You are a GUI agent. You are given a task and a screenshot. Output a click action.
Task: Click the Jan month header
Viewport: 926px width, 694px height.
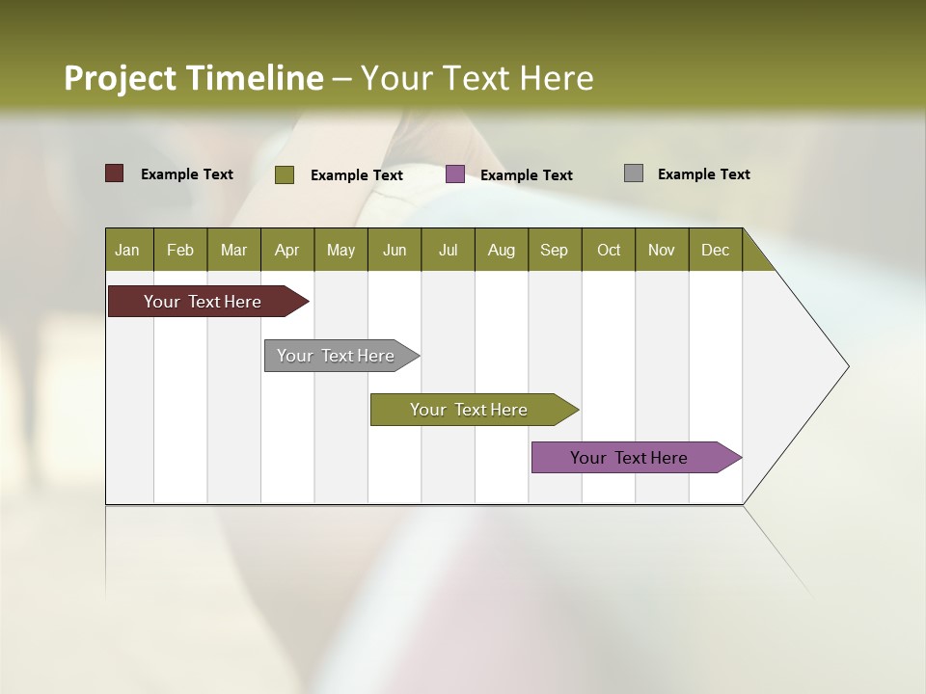pos(127,250)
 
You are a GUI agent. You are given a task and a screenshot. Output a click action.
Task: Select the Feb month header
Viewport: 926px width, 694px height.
pos(180,250)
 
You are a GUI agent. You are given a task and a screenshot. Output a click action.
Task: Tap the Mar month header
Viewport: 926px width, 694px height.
pos(233,250)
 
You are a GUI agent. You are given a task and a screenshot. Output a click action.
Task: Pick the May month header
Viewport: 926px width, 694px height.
pos(340,250)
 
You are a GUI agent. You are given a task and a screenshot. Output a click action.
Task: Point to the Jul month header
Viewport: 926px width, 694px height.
pos(448,250)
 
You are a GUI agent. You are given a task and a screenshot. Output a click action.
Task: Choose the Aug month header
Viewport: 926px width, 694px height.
pos(502,250)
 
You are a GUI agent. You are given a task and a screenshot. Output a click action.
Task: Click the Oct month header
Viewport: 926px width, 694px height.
pos(609,250)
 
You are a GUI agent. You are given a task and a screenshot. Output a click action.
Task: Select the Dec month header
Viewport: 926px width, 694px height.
pos(715,250)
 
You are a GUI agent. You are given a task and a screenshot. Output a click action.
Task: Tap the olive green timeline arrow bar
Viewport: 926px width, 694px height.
pos(470,410)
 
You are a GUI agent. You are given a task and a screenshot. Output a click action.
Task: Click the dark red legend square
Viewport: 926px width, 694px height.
pos(115,173)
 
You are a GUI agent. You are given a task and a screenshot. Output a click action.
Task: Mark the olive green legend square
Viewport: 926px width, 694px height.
pos(285,174)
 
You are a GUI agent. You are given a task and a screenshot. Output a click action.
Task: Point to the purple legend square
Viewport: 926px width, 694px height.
pos(455,174)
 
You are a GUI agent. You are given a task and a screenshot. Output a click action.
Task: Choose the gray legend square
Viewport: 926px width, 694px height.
pos(634,173)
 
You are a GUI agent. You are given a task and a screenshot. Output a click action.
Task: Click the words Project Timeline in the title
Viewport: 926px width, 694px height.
pos(194,78)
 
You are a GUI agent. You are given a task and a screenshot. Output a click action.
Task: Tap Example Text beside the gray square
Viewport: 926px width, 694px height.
pos(703,174)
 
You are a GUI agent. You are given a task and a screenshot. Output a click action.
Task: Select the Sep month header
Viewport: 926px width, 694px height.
pos(554,250)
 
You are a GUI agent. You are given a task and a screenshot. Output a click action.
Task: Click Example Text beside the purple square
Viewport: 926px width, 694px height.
pos(526,175)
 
